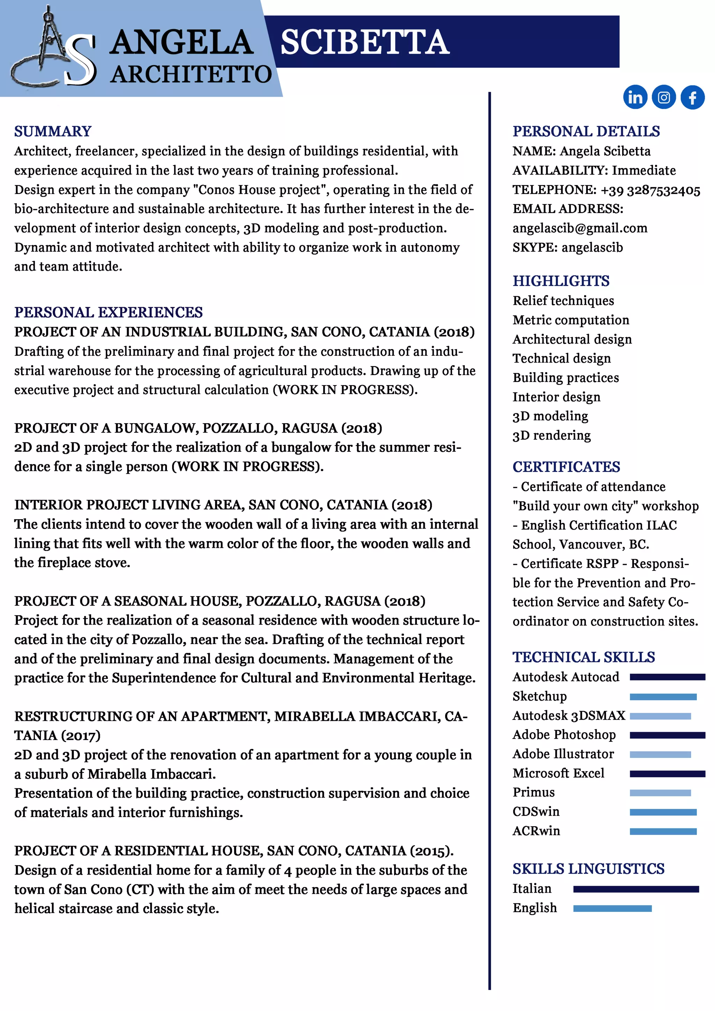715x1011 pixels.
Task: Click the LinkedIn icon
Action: tap(635, 97)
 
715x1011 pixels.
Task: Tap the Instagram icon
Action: tap(663, 97)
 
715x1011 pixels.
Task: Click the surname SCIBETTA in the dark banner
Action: tap(364, 43)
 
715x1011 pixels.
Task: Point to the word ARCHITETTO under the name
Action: tap(191, 74)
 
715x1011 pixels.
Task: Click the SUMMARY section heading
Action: tap(53, 131)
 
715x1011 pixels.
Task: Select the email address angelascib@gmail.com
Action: tap(580, 228)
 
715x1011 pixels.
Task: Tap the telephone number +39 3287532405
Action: tap(650, 190)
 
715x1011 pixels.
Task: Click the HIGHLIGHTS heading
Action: tap(561, 281)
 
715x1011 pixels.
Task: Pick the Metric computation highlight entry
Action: tap(570, 320)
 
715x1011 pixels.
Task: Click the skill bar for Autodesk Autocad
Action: tap(667, 677)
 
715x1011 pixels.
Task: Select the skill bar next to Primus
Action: tap(660, 792)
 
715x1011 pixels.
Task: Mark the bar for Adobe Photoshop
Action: tap(667, 735)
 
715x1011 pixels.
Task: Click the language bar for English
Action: tap(612, 908)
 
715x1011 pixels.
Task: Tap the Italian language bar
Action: tap(636, 889)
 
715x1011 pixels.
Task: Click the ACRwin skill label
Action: tap(536, 831)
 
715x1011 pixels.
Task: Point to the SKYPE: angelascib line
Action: tap(568, 248)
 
